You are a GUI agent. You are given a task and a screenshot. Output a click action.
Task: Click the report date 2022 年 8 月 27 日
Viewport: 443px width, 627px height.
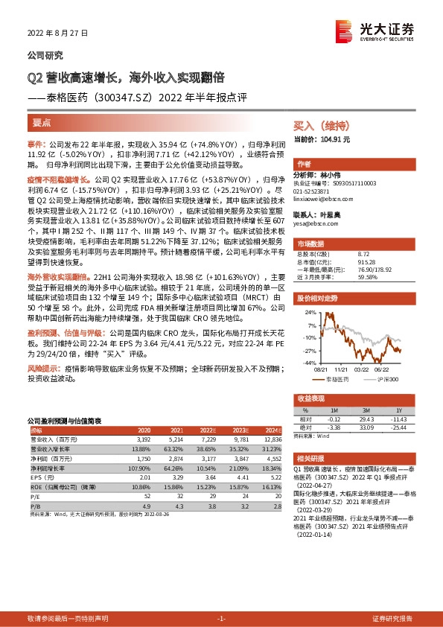(57, 34)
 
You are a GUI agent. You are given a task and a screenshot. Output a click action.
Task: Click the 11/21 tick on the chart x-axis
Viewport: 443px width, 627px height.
(342, 368)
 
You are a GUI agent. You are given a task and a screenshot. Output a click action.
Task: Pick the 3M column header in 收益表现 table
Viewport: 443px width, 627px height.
(366, 410)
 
